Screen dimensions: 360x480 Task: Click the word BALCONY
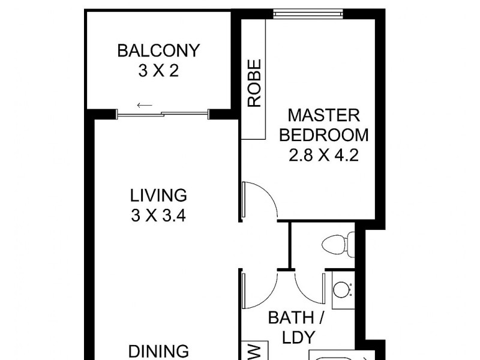click(158, 50)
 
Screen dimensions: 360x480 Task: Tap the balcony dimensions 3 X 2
click(158, 71)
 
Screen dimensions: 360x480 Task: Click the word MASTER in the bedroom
click(323, 115)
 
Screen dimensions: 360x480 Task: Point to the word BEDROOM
click(323, 135)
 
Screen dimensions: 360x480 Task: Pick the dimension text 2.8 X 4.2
click(323, 156)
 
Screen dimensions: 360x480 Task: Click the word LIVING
click(158, 195)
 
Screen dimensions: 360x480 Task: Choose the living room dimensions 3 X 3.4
click(158, 215)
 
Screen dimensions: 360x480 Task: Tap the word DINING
click(158, 351)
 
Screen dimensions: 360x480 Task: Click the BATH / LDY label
click(290, 328)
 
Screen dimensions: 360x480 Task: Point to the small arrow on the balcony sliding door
click(144, 106)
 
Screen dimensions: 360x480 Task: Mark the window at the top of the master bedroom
click(308, 11)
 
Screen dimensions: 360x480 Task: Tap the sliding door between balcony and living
click(162, 113)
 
